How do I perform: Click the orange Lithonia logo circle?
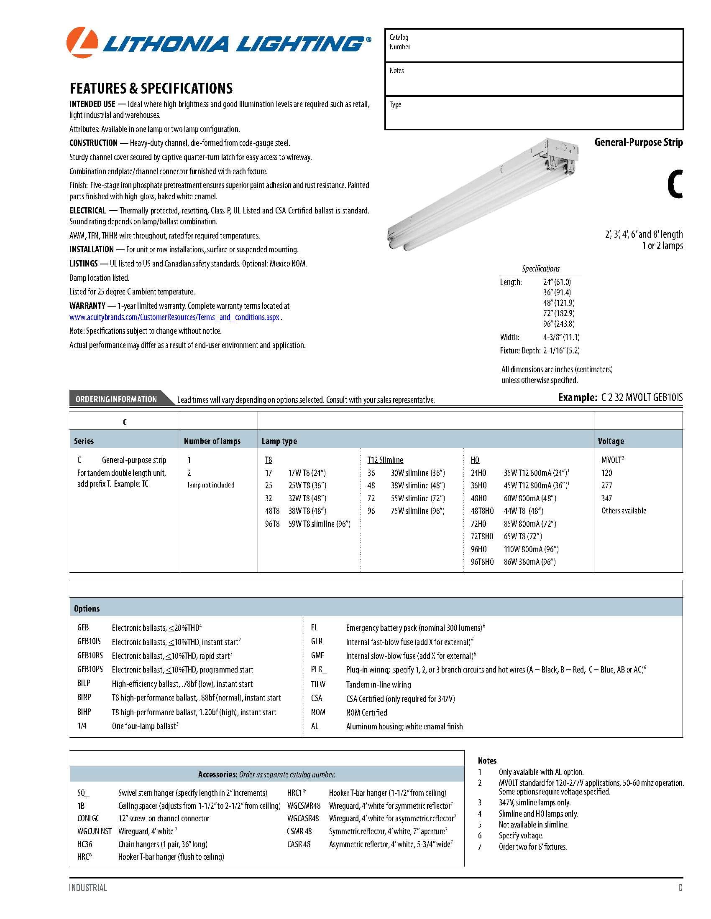[x=82, y=43]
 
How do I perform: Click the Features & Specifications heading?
[x=151, y=89]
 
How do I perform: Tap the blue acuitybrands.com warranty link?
[x=175, y=317]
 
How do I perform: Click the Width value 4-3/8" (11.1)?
[x=561, y=337]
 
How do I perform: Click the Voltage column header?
[x=611, y=441]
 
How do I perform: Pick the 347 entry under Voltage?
[x=606, y=498]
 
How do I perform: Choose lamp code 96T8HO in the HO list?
[x=482, y=562]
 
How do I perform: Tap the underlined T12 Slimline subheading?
[x=385, y=460]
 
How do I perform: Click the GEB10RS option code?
[x=90, y=655]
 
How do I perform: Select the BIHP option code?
[x=84, y=712]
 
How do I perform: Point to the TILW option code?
[x=318, y=684]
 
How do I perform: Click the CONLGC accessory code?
[x=88, y=818]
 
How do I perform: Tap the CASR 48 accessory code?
[x=299, y=844]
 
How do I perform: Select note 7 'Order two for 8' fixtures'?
[x=532, y=847]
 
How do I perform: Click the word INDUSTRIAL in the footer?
[x=88, y=888]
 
